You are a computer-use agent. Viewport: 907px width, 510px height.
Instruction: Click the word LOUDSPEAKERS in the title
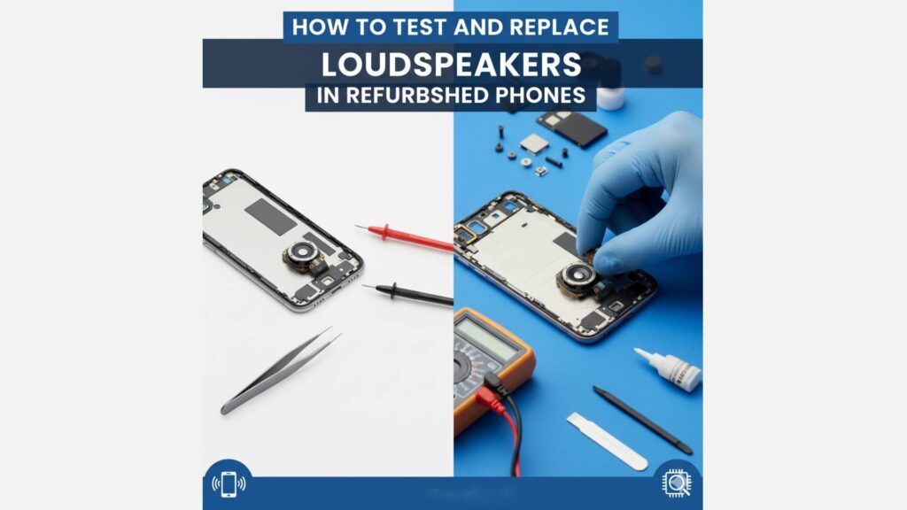click(x=451, y=64)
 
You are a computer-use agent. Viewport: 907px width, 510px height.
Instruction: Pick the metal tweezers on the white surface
click(x=281, y=370)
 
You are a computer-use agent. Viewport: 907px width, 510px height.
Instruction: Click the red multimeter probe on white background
click(x=404, y=237)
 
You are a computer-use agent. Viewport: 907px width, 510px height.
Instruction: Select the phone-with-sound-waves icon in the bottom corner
click(x=229, y=484)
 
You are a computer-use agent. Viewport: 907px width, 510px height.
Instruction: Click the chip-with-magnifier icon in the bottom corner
click(x=676, y=483)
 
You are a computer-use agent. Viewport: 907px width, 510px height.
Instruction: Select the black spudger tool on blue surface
click(x=642, y=420)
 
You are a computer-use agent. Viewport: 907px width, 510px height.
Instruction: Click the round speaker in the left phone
click(x=303, y=252)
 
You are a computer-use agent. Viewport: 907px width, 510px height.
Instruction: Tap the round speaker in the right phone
click(x=576, y=276)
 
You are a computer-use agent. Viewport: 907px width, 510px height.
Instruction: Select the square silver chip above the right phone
click(x=534, y=143)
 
